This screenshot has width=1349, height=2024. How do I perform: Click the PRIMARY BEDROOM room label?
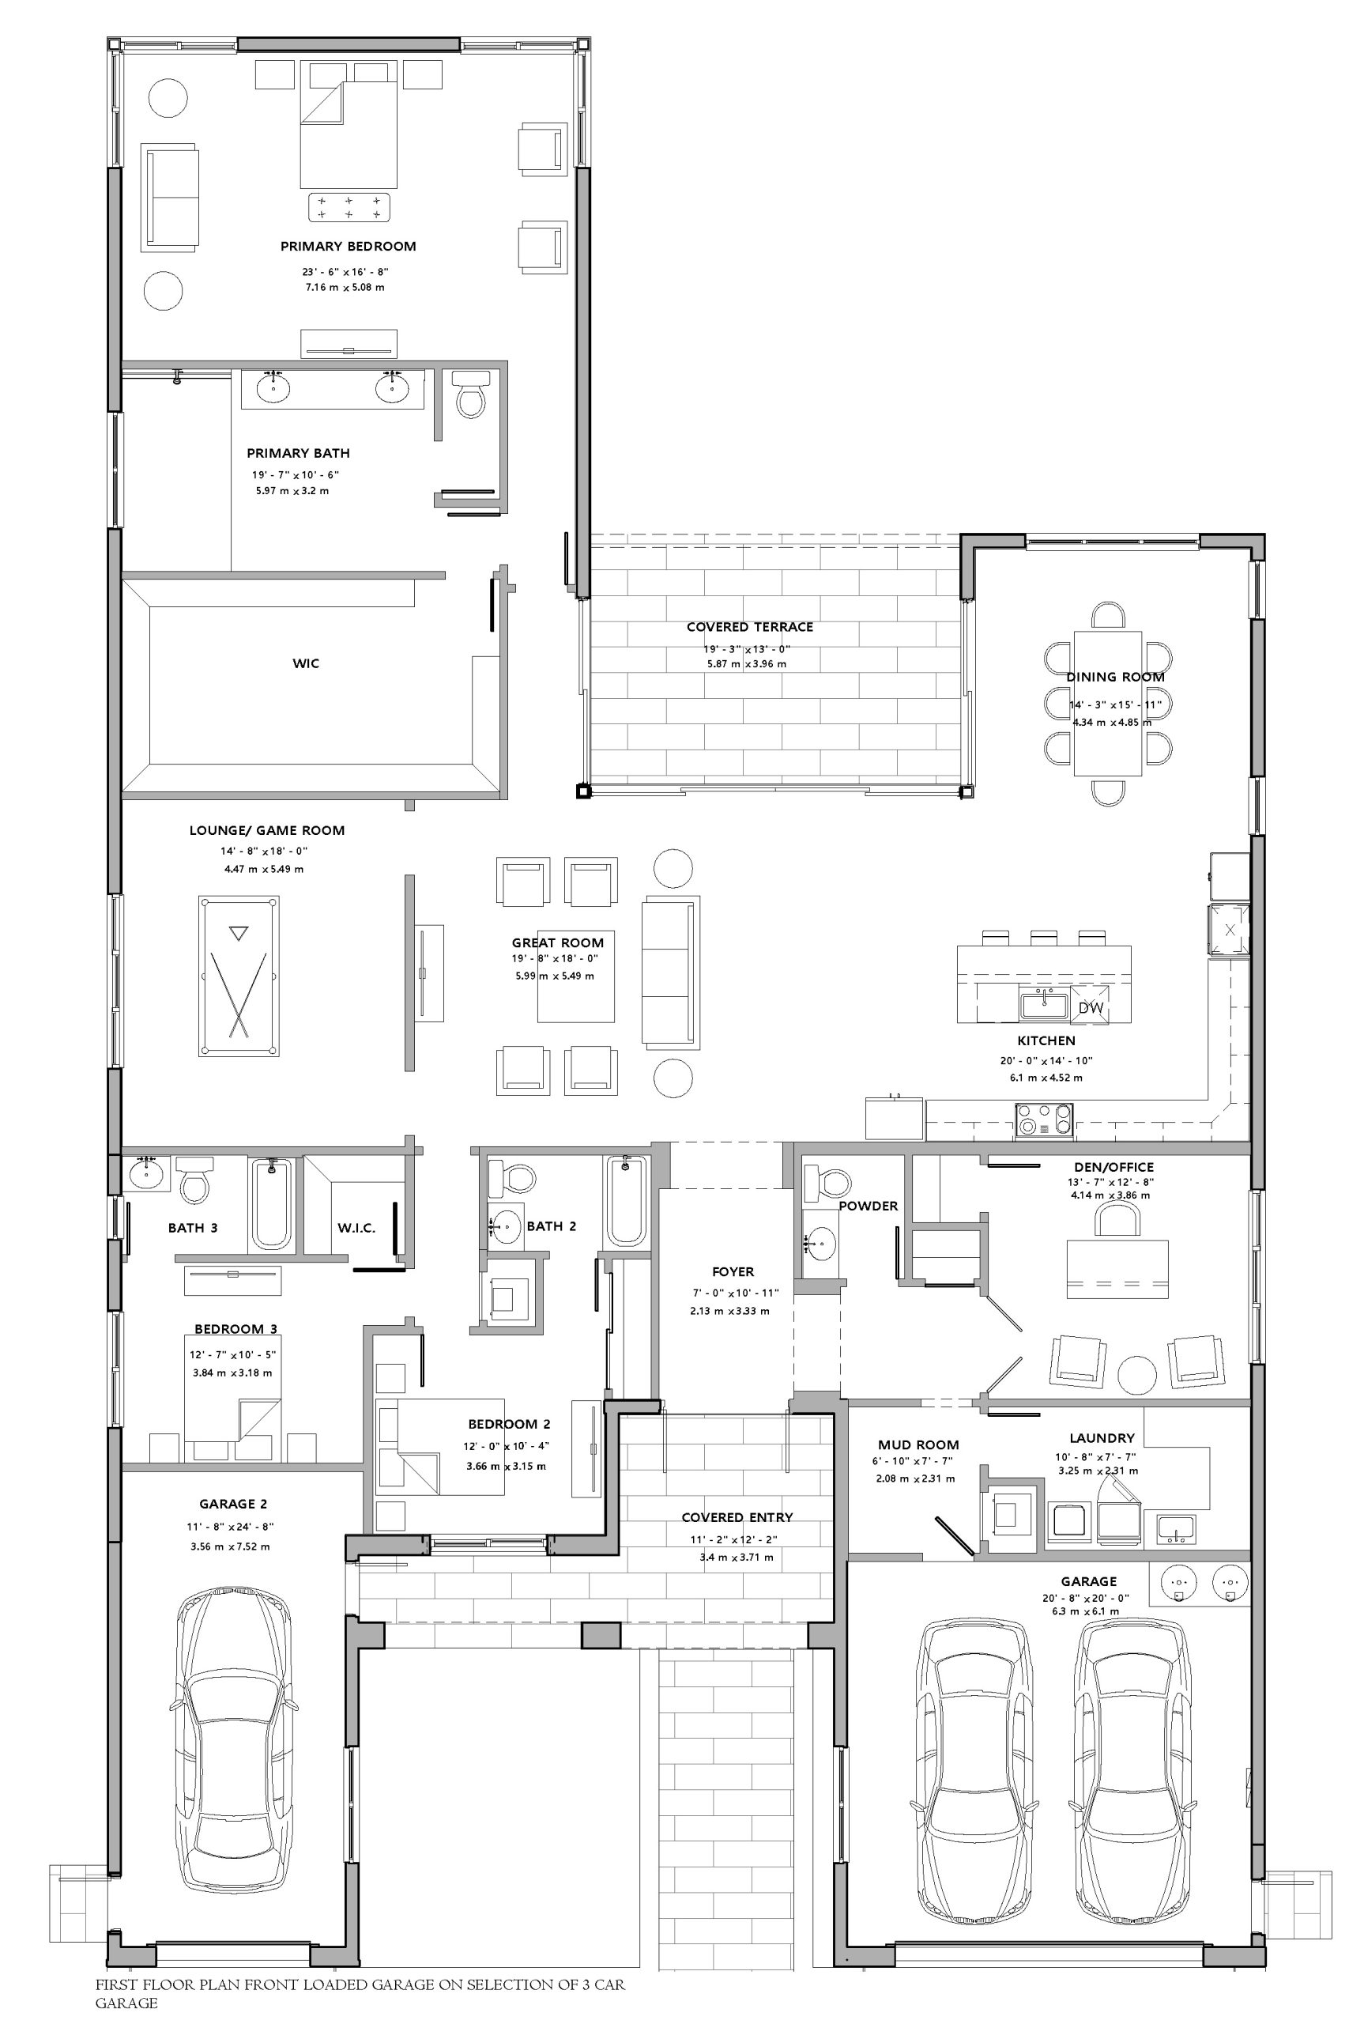[348, 246]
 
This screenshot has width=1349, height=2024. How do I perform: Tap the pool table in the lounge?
[239, 975]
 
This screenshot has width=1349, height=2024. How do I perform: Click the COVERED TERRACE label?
[749, 626]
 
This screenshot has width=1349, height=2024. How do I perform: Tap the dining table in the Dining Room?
[1108, 703]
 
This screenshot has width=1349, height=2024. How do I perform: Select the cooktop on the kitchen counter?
[1045, 1120]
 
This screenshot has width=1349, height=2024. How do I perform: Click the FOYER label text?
[733, 1271]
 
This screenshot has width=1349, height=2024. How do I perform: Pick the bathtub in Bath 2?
[627, 1199]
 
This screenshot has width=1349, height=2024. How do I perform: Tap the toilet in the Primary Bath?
[469, 393]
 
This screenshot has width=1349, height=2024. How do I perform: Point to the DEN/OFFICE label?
[1113, 1167]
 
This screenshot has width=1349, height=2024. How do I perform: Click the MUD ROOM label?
[918, 1444]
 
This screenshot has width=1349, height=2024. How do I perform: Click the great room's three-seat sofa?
[671, 971]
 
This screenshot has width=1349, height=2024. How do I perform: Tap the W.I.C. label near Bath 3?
[356, 1228]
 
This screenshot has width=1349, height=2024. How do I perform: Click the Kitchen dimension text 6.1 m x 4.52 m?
[1046, 1078]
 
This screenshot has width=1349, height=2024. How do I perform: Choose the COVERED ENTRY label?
[737, 1517]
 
